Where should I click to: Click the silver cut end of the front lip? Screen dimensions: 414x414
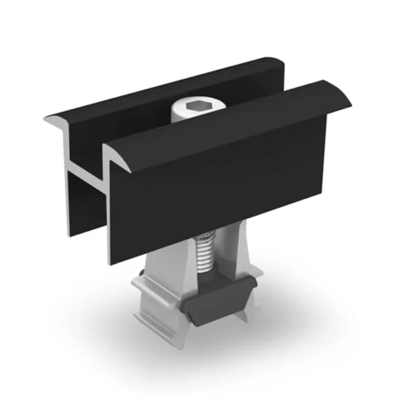click(x=114, y=155)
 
